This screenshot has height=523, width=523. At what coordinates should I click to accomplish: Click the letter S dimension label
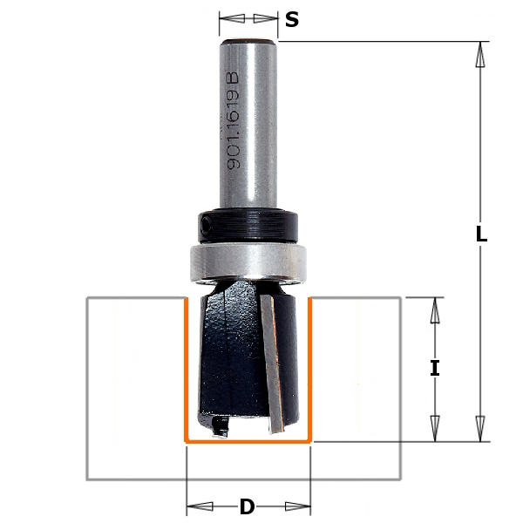(x=292, y=20)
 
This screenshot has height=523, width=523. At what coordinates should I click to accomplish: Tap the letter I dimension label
(x=435, y=368)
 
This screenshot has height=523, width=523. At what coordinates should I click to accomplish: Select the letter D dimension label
(x=248, y=506)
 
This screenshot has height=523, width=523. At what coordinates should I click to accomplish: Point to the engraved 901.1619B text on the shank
(x=233, y=120)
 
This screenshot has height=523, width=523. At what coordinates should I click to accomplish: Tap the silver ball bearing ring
(x=248, y=263)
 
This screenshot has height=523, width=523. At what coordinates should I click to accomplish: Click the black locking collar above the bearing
(x=248, y=226)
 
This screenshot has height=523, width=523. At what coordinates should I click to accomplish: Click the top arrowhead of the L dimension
(x=480, y=54)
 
